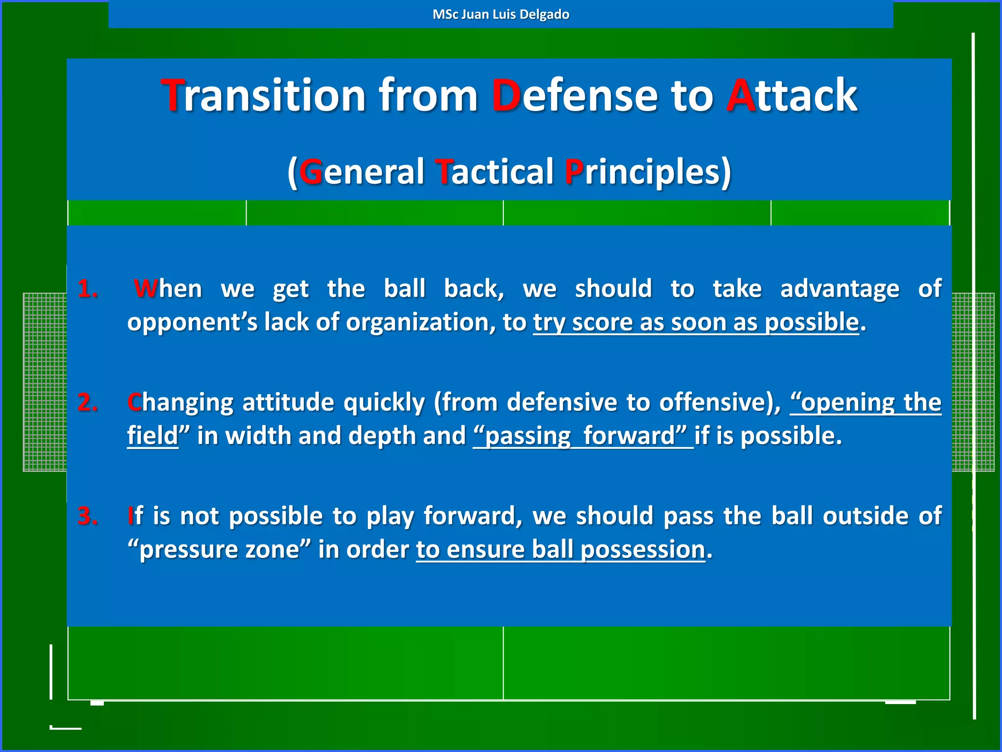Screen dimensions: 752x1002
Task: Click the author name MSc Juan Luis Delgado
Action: click(501, 14)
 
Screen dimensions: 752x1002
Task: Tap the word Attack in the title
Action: click(792, 95)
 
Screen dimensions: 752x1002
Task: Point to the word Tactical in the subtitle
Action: click(494, 172)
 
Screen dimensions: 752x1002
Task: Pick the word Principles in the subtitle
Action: click(647, 172)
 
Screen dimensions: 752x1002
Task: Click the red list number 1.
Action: click(88, 289)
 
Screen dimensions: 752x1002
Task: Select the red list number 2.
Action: click(88, 402)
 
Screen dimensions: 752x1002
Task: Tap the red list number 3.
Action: click(88, 516)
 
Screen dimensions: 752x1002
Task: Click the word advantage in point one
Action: click(839, 289)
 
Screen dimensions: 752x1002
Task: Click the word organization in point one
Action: click(420, 322)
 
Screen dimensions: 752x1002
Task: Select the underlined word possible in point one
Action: click(811, 322)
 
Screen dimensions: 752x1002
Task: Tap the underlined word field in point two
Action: click(152, 436)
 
